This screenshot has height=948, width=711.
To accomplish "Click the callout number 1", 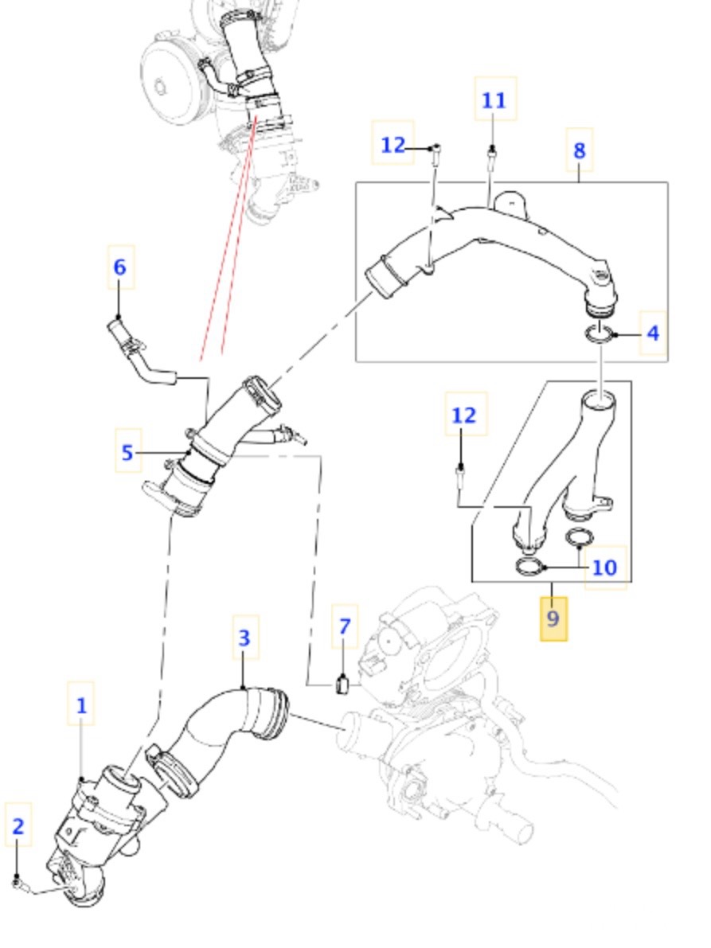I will [x=80, y=704].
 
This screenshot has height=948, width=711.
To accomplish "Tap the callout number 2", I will [x=18, y=825].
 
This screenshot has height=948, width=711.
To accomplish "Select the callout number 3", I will [x=245, y=638].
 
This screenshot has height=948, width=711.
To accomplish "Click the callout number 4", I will [x=652, y=333].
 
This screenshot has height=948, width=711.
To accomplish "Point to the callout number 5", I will [x=127, y=453].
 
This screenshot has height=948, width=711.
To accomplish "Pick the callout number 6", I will [x=119, y=267].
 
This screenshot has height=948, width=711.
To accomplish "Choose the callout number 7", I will [x=344, y=626].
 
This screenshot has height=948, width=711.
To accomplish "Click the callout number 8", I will [x=579, y=150].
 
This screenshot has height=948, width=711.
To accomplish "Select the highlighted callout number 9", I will [x=553, y=618].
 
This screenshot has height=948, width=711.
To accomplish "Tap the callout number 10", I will [x=605, y=567].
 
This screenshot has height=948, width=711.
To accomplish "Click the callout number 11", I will [x=494, y=100].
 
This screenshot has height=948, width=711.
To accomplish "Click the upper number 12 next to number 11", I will [x=393, y=145].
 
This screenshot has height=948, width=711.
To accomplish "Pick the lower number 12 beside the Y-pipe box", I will [x=464, y=415].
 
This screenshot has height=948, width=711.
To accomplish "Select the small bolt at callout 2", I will [x=18, y=881].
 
